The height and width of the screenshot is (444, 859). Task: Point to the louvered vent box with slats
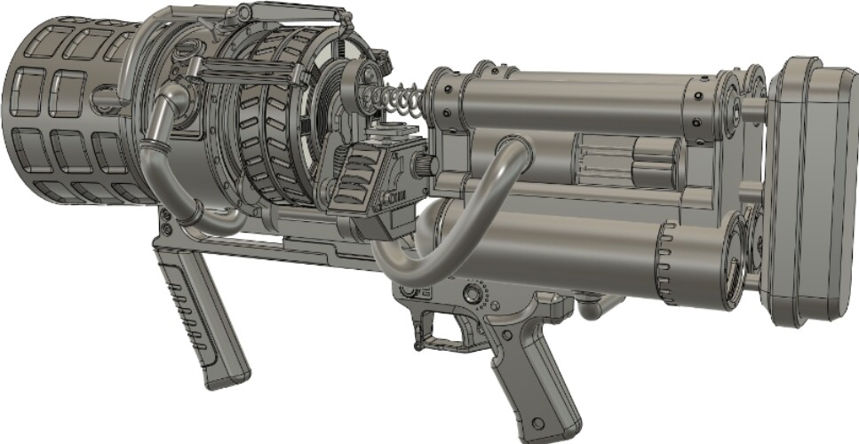[x=364, y=178]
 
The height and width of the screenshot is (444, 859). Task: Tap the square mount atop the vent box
[x=384, y=133]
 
